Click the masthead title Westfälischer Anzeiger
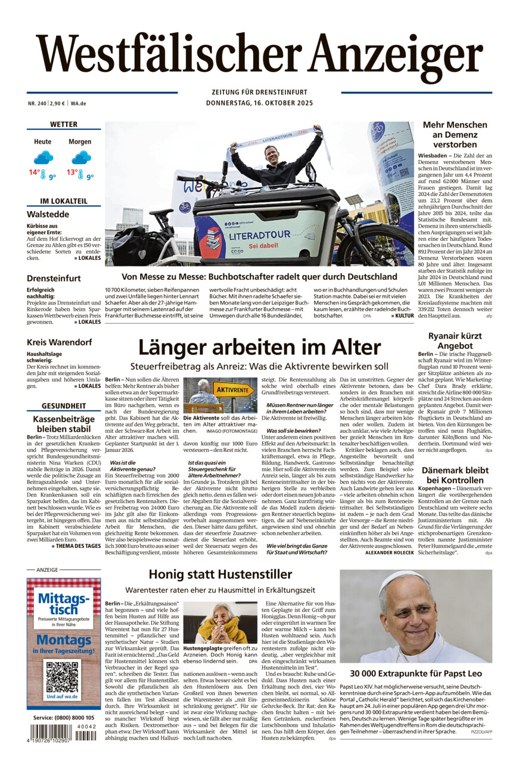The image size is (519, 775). (x=259, y=57)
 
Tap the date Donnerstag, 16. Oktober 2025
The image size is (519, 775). (x=259, y=103)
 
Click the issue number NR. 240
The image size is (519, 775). (x=37, y=103)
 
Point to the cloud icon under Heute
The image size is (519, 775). (x=43, y=157)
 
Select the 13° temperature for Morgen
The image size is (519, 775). (x=72, y=172)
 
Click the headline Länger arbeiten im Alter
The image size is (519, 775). (x=259, y=347)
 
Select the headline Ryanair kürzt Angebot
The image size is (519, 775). (x=450, y=341)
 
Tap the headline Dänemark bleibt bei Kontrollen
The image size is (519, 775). (x=455, y=475)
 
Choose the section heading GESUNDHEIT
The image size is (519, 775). (x=64, y=406)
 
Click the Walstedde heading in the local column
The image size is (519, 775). (x=48, y=214)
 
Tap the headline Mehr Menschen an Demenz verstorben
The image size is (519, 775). (x=455, y=134)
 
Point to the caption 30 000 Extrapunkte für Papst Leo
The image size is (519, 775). (x=416, y=673)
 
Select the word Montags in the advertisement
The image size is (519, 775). (x=63, y=640)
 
